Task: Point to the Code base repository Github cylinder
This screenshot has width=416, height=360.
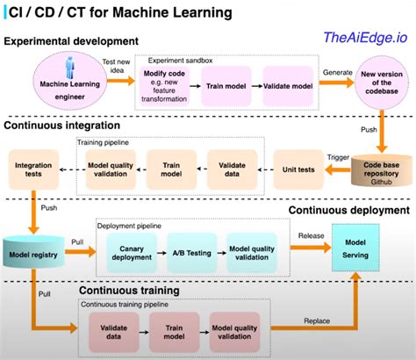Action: tap(380, 172)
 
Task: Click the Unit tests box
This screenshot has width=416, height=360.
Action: tap(303, 165)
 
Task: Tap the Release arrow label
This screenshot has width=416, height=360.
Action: tap(310, 235)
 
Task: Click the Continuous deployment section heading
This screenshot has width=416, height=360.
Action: tap(349, 210)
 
